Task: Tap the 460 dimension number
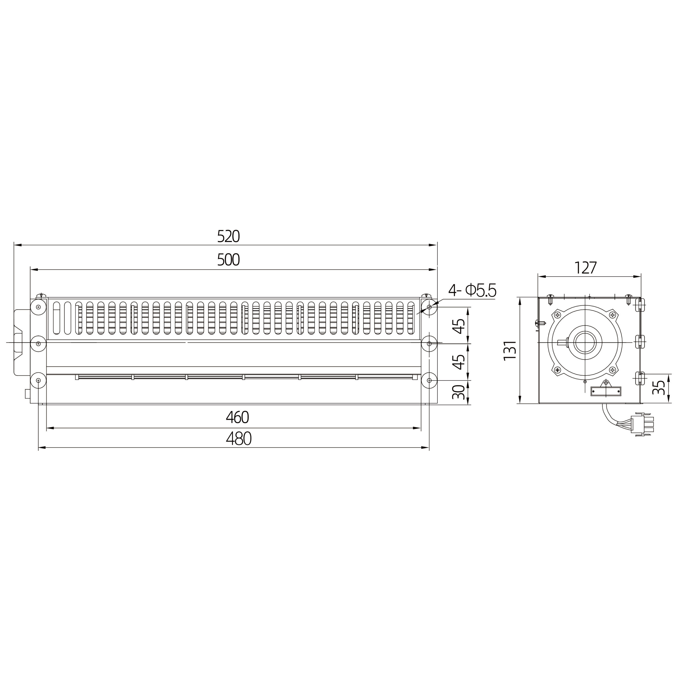point(238,417)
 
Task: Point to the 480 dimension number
point(239,439)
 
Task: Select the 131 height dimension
point(510,350)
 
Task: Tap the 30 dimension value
point(459,392)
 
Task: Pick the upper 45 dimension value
point(459,326)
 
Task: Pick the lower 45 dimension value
point(459,362)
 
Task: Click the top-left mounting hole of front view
point(38,307)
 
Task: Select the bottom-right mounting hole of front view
point(429,380)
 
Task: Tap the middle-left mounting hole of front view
point(38,344)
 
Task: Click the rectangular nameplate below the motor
point(606,391)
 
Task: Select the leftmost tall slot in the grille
point(56,318)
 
